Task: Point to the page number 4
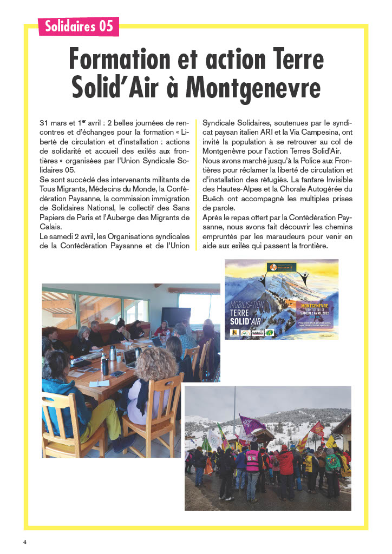(24, 542)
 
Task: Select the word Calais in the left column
(51, 227)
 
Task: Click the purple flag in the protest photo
(251, 425)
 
